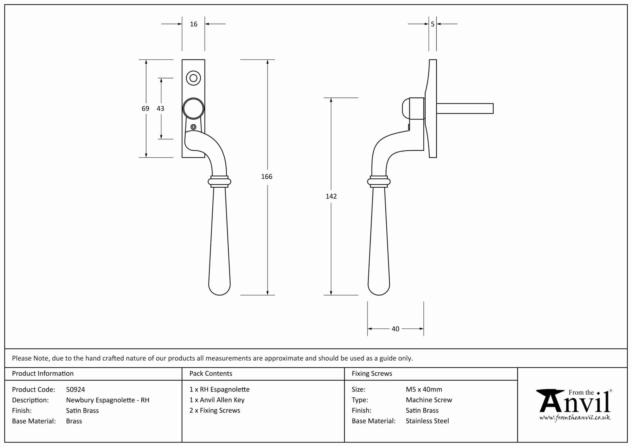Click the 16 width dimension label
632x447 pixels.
(x=193, y=24)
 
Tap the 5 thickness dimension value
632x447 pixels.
(x=433, y=24)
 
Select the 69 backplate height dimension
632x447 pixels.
(x=145, y=108)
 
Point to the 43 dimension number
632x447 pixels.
(x=160, y=108)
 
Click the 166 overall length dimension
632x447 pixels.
(x=267, y=177)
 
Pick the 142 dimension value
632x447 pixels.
(x=331, y=196)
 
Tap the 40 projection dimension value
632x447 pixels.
(x=395, y=329)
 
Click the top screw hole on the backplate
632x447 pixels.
(x=193, y=78)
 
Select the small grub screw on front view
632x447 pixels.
(x=193, y=127)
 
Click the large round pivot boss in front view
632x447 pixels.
(x=193, y=109)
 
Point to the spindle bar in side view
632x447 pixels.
(x=464, y=109)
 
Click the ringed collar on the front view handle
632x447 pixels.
(x=219, y=182)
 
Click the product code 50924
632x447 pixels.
(x=75, y=390)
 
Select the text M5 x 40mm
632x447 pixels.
(x=424, y=390)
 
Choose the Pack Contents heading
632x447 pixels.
(x=211, y=374)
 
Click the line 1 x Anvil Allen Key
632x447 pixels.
(x=217, y=400)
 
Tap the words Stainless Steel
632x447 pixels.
(x=427, y=421)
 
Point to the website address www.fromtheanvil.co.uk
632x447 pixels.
(x=575, y=418)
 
